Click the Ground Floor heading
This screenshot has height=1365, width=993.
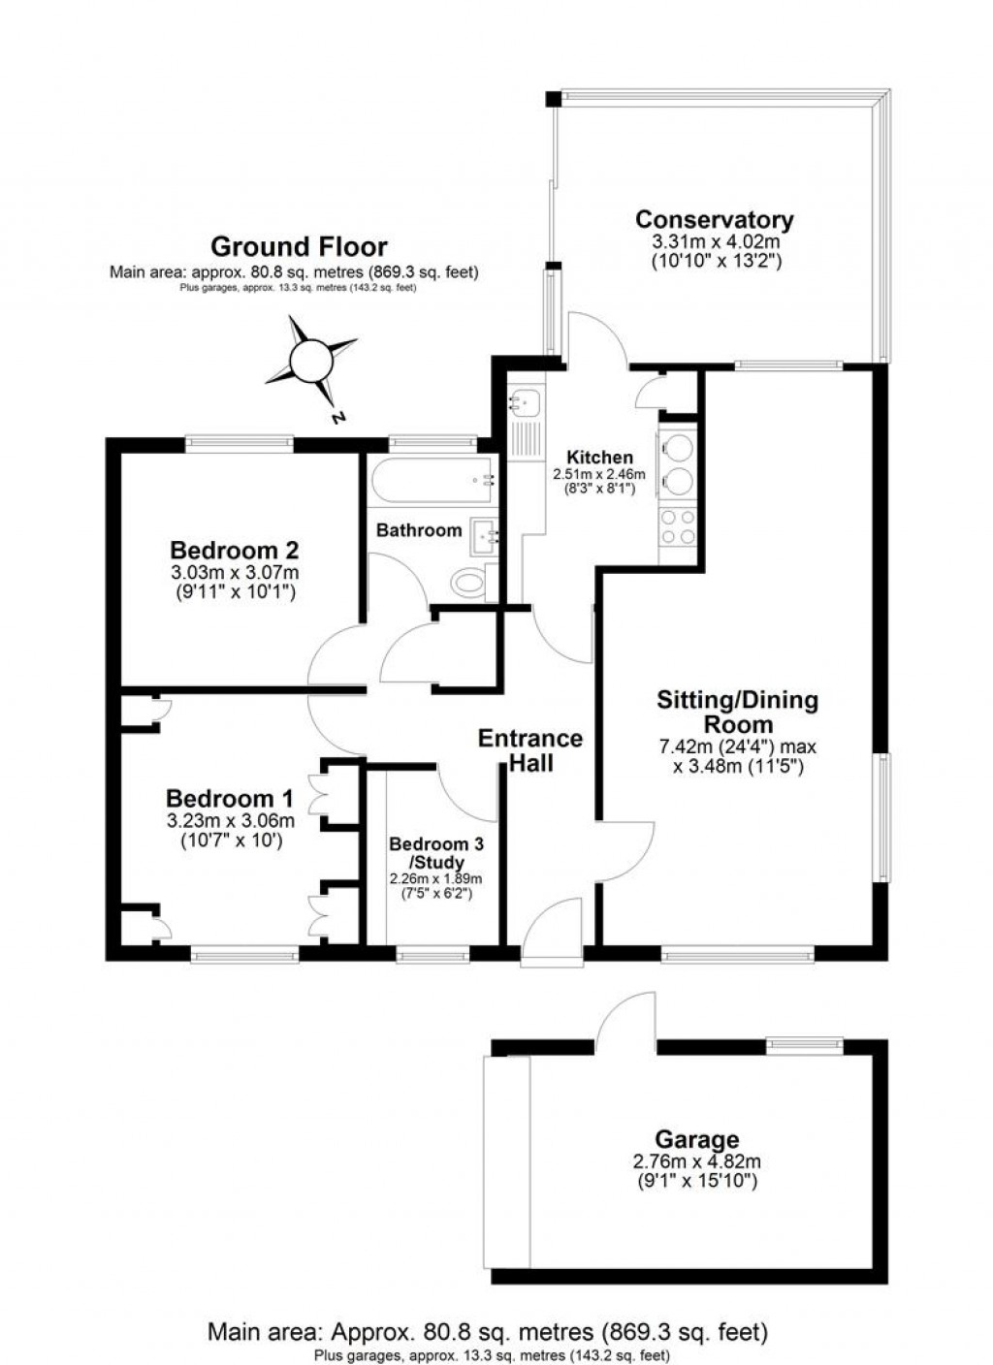(x=299, y=247)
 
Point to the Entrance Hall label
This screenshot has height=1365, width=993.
(x=530, y=750)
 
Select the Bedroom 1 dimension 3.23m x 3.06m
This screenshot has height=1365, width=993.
(x=231, y=820)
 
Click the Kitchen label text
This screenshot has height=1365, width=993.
(x=599, y=458)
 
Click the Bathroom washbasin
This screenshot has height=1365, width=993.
(x=484, y=534)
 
